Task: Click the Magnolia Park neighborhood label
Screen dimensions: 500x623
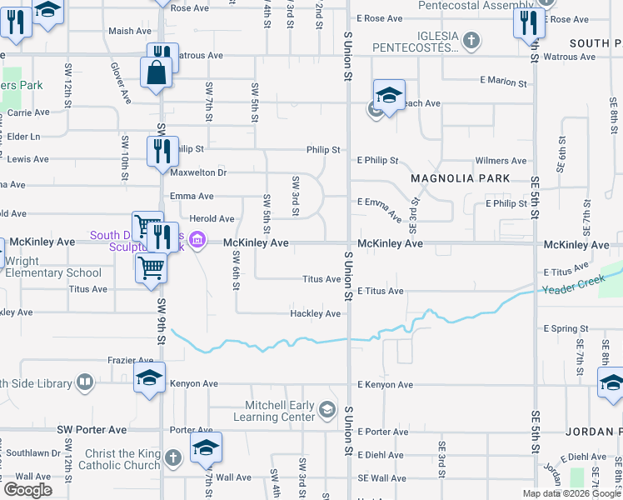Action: click(459, 179)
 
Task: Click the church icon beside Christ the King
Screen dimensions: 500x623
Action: click(172, 457)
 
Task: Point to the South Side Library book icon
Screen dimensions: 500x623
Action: click(84, 382)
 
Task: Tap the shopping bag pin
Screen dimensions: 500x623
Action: click(156, 73)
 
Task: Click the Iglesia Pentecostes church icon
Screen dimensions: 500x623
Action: click(471, 39)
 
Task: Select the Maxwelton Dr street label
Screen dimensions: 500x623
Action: click(198, 172)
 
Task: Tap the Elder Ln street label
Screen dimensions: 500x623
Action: click(23, 136)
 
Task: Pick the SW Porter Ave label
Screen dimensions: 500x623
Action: click(92, 429)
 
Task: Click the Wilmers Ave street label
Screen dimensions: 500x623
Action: click(501, 161)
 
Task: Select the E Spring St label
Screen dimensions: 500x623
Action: click(566, 328)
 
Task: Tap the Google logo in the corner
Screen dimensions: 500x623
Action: click(27, 490)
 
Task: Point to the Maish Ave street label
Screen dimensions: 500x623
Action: click(130, 32)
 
